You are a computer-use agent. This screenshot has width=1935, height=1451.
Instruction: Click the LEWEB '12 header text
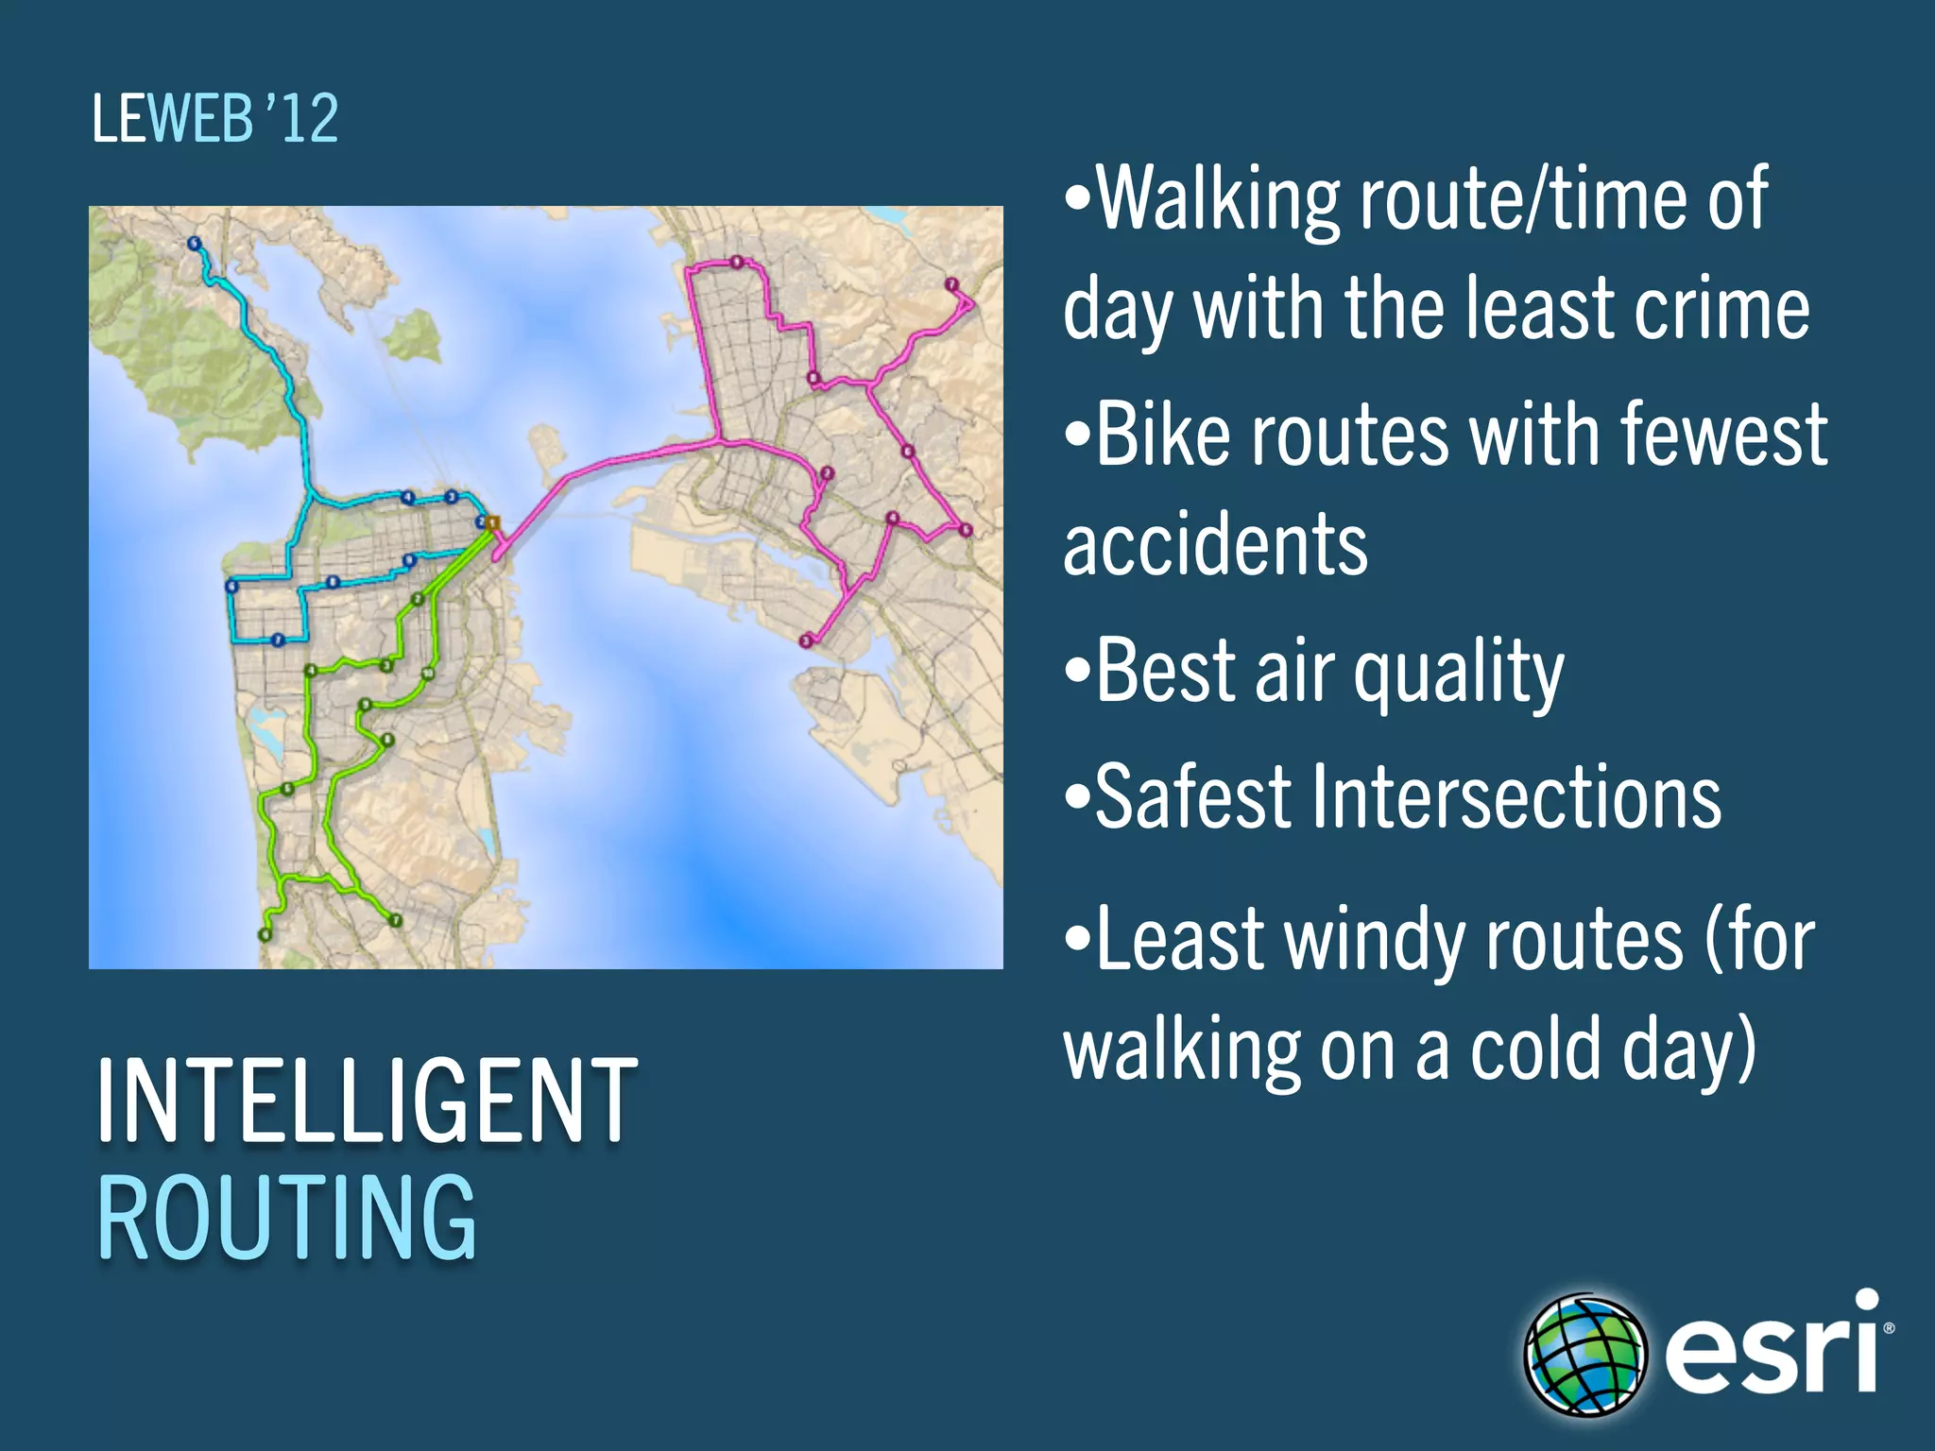click(x=215, y=119)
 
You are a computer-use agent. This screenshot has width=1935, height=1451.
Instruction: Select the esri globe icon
click(x=1584, y=1355)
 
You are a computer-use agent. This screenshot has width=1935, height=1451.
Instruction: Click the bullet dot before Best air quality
click(x=1075, y=673)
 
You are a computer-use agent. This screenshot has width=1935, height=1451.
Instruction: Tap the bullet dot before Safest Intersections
click(x=1075, y=798)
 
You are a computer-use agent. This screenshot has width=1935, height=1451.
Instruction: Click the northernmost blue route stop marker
click(x=195, y=244)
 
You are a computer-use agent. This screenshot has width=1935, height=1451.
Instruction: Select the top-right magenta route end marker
click(x=951, y=284)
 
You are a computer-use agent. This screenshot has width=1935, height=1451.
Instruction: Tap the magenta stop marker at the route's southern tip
click(x=806, y=641)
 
